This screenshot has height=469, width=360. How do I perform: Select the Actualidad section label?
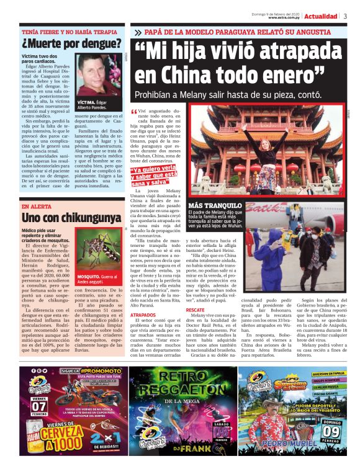point(321,16)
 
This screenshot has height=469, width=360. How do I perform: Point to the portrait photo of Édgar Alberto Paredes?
point(99,74)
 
